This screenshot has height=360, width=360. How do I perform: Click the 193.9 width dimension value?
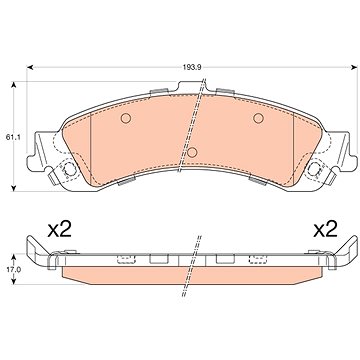click(192, 67)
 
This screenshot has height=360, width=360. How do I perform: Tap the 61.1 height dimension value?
click(13, 137)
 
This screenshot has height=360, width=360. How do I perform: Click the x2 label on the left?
click(59, 230)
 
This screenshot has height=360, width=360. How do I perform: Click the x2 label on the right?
click(325, 230)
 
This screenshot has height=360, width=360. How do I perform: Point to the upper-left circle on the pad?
click(126, 118)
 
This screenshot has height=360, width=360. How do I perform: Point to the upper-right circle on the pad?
click(258, 118)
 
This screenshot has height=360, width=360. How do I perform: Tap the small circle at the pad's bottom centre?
click(192, 152)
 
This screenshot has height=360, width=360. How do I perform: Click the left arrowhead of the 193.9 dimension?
click(30, 67)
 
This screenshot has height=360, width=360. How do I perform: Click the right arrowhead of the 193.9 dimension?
click(354, 67)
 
